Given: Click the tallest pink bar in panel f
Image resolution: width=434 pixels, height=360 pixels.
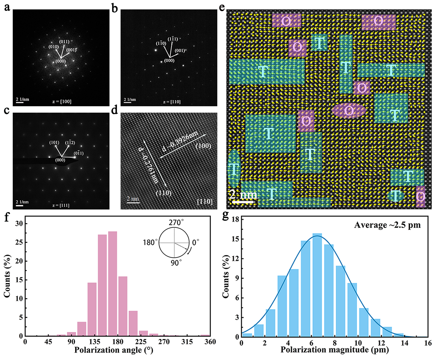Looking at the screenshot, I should pyautogui.click(x=113, y=283).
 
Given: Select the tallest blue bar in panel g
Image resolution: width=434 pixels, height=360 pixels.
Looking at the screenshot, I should pyautogui.click(x=317, y=285).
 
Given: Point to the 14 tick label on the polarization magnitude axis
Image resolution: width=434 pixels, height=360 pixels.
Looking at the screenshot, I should pyautogui.click(x=405, y=343).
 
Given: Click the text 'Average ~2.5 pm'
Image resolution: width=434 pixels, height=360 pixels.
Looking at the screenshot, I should pyautogui.click(x=387, y=225).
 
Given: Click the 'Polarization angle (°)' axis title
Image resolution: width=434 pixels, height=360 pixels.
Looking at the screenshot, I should pyautogui.click(x=114, y=350).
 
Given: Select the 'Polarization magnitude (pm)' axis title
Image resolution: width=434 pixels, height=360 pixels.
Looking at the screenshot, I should pyautogui.click(x=335, y=350).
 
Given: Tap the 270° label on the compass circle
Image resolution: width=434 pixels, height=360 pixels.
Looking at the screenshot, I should pyautogui.click(x=176, y=223).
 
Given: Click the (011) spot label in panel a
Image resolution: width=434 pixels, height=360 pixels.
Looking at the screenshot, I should pyautogui.click(x=64, y=42).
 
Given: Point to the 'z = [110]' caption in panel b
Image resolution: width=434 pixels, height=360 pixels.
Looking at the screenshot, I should pyautogui.click(x=172, y=102).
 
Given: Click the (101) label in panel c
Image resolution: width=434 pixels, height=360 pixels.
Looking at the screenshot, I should pyautogui.click(x=54, y=142).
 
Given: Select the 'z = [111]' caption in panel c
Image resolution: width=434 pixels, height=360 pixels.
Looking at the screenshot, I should pyautogui.click(x=61, y=205).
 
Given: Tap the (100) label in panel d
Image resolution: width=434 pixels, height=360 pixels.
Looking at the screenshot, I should pyautogui.click(x=203, y=146).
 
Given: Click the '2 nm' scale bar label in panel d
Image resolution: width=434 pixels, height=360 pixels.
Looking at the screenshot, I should pyautogui.click(x=133, y=199).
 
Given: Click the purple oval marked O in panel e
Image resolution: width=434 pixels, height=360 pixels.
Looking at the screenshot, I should pyautogui.click(x=349, y=110).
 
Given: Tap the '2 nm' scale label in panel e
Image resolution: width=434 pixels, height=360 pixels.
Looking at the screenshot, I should pyautogui.click(x=243, y=194).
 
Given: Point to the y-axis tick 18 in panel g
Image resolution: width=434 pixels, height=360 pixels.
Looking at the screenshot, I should pyautogui.click(x=235, y=219).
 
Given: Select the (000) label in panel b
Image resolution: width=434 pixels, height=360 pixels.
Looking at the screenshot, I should pyautogui.click(x=169, y=61).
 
